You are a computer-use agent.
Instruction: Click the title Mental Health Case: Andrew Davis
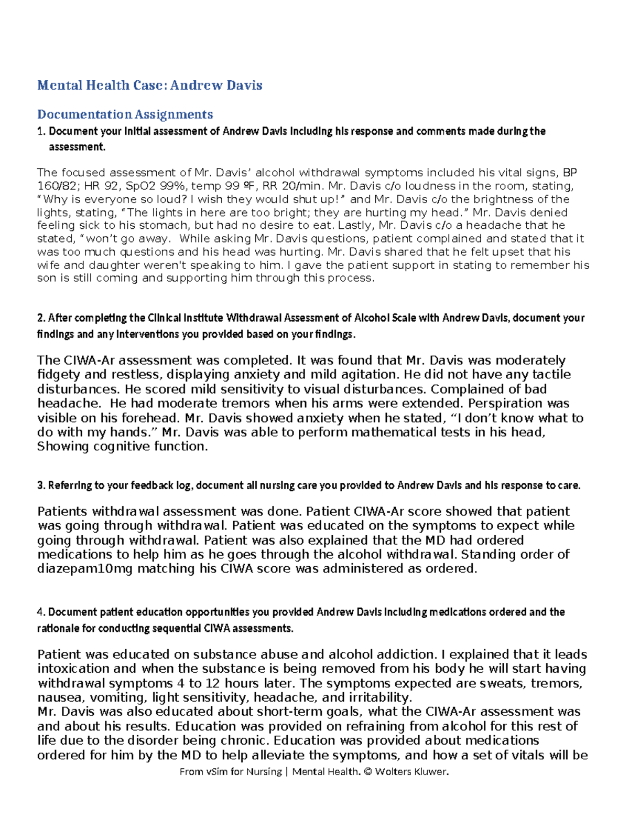coord(149,85)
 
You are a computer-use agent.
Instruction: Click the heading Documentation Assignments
coord(125,114)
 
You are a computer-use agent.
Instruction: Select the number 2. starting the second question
coord(41,318)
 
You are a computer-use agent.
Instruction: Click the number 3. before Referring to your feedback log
coord(41,485)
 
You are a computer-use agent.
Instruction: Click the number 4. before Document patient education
coord(41,612)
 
